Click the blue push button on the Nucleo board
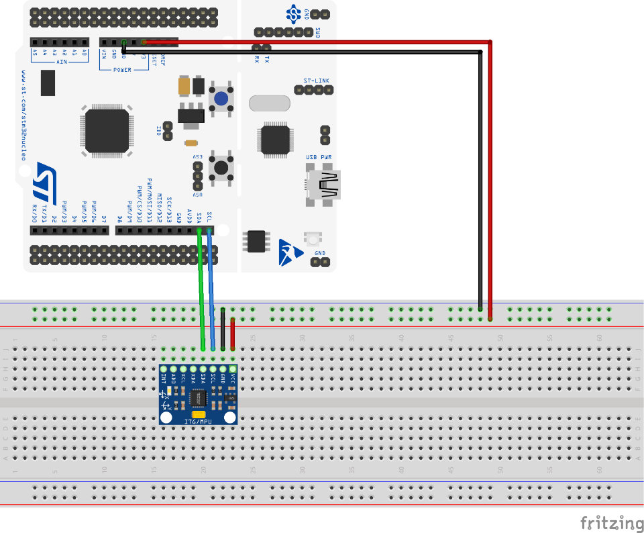click(221, 99)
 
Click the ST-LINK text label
click(316, 81)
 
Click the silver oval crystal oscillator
click(270, 103)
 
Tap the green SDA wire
click(201, 289)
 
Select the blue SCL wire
click(211, 289)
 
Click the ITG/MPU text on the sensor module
click(198, 421)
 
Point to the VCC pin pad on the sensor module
click(233, 369)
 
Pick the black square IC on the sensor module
click(199, 399)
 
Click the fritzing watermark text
click(611, 522)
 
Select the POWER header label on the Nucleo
click(122, 69)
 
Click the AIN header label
click(61, 61)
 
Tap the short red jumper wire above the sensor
click(233, 334)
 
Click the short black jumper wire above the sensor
click(223, 329)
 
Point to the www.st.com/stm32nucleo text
click(23, 115)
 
